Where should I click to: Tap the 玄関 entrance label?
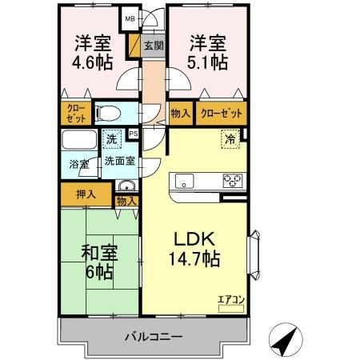(154, 46)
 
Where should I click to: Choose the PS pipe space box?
(134, 134)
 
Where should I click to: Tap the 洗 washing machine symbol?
(114, 140)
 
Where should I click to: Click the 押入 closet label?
(86, 194)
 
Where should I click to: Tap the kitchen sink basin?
(185, 180)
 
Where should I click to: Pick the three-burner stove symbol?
(232, 179)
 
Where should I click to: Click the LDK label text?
(192, 238)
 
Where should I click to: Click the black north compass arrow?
(283, 341)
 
